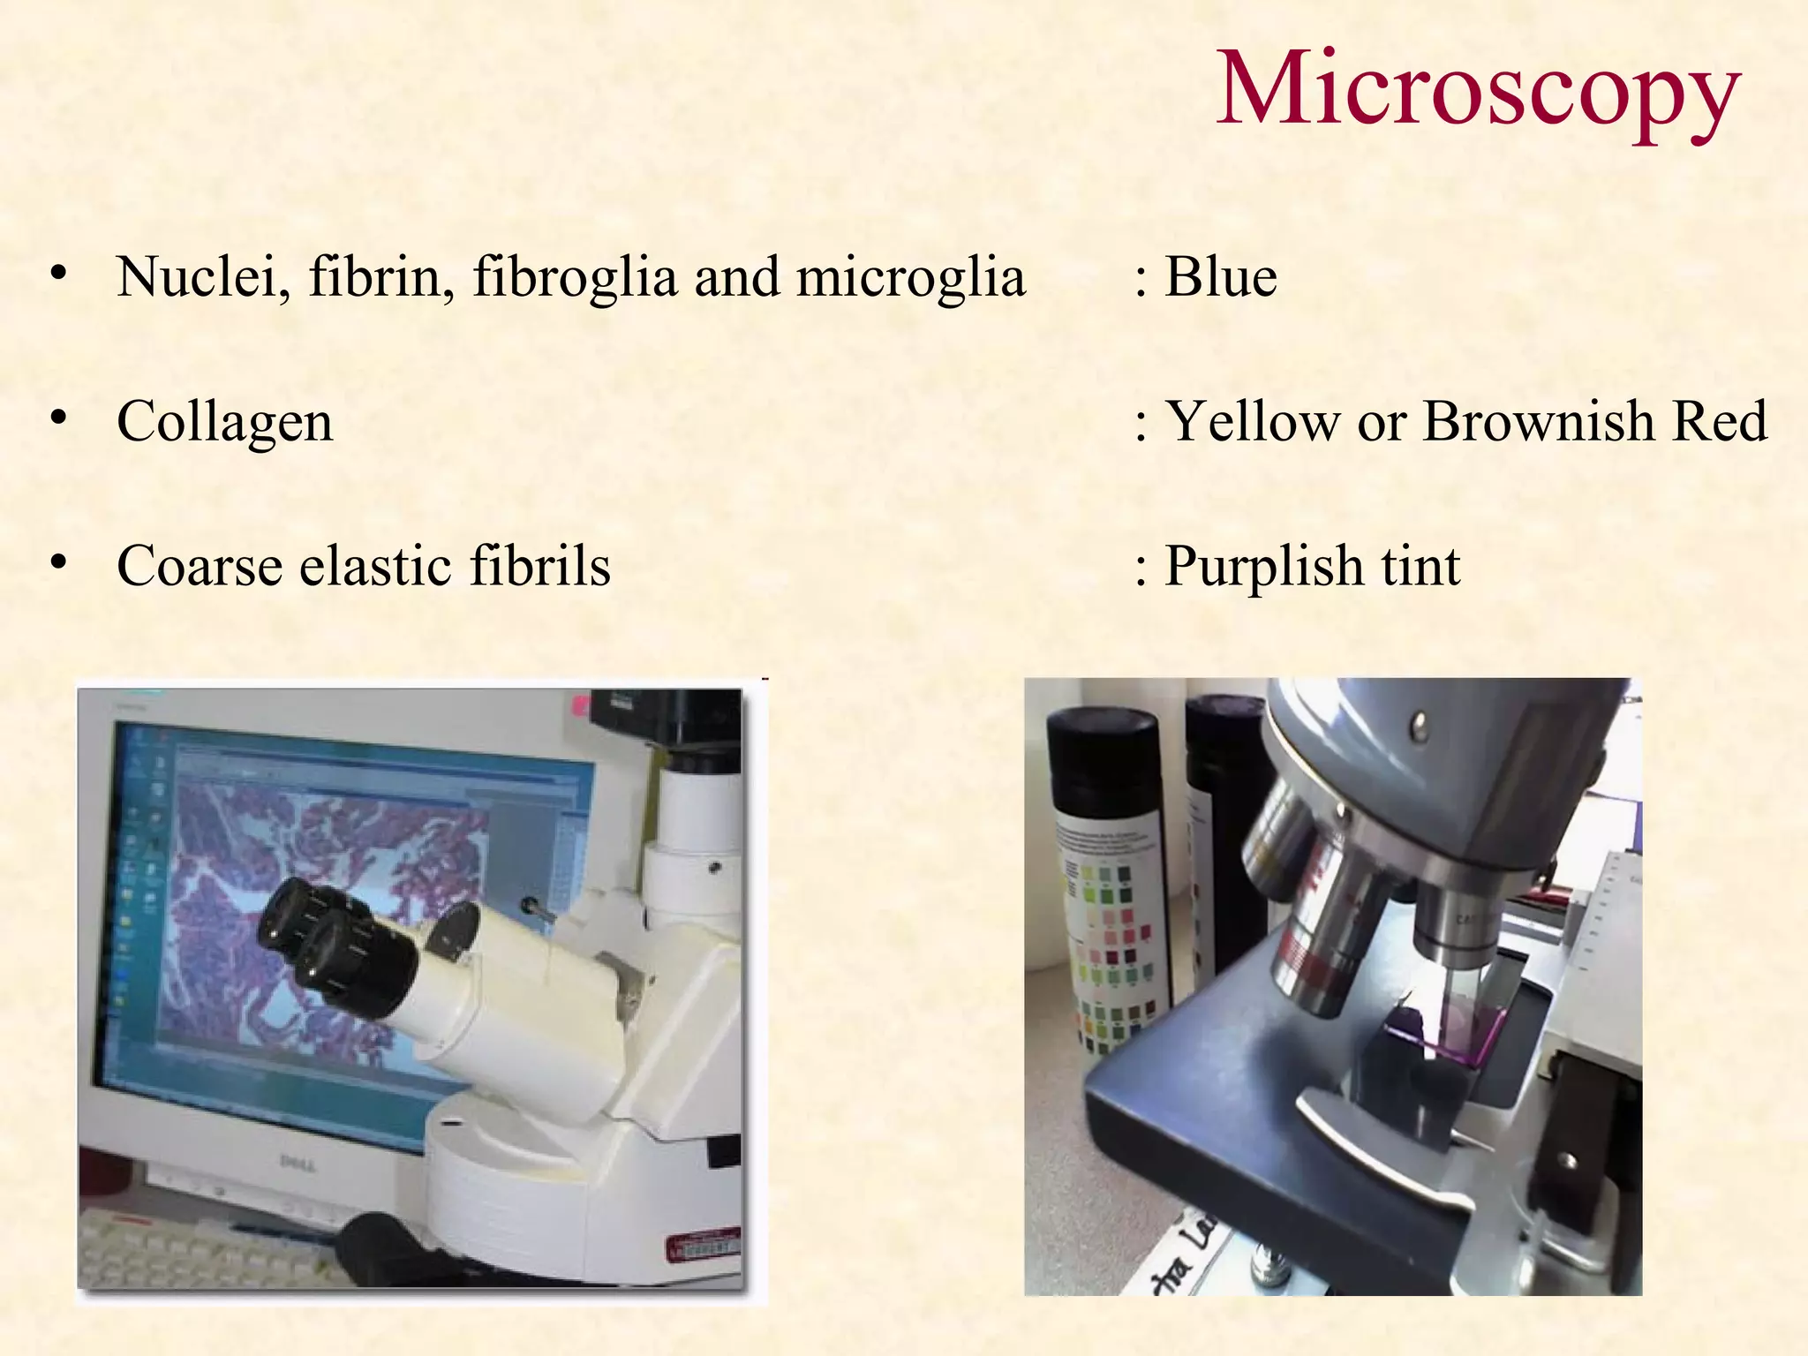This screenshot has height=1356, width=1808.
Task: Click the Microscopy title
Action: pyautogui.click(x=1477, y=91)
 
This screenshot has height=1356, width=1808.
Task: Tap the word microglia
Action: pyautogui.click(x=910, y=276)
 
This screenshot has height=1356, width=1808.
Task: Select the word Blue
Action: pyautogui.click(x=1220, y=276)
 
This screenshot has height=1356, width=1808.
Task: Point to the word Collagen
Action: pyautogui.click(x=224, y=422)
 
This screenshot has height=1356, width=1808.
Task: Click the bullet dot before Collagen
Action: pyautogui.click(x=58, y=417)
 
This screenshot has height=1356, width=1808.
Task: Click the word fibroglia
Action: pyautogui.click(x=575, y=276)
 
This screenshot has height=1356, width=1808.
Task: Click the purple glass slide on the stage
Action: pyautogui.click(x=1448, y=1028)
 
